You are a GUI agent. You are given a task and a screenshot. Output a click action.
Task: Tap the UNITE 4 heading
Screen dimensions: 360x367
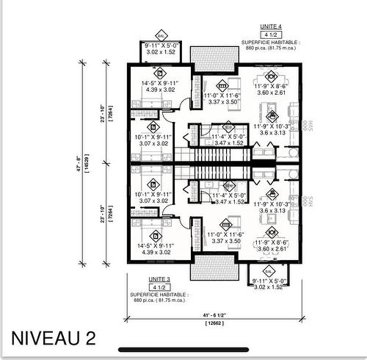pyautogui.click(x=270, y=26)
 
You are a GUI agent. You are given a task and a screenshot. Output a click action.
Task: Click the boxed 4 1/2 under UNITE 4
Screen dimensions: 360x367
pyautogui.click(x=270, y=35)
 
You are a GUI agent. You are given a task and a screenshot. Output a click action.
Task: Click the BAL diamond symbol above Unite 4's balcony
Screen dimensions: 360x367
pyautogui.click(x=161, y=36)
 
